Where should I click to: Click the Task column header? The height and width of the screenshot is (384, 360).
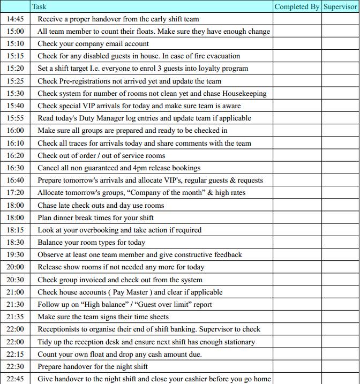coord(39,6)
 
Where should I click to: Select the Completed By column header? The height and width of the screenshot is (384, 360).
coord(297,6)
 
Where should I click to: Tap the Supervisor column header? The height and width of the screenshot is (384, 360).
coord(340,6)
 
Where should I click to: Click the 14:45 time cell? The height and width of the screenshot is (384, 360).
coord(16,19)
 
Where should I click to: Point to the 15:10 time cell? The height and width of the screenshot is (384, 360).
coord(16,43)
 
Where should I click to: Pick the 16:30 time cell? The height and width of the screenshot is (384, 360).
coord(16,168)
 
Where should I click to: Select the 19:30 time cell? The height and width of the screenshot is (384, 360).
coord(16,254)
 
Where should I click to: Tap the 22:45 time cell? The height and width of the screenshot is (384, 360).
coord(16,379)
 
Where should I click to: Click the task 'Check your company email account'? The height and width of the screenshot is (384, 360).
coord(93,43)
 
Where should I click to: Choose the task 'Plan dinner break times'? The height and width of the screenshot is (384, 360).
coord(96,217)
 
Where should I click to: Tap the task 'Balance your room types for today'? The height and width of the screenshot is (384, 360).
coord(91,242)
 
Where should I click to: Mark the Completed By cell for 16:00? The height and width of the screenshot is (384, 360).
coord(297,130)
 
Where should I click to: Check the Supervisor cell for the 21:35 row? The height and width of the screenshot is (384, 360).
coord(340,317)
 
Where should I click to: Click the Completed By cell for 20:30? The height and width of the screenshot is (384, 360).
coord(297,280)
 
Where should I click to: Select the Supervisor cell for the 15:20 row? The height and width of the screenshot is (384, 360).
coord(340,69)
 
